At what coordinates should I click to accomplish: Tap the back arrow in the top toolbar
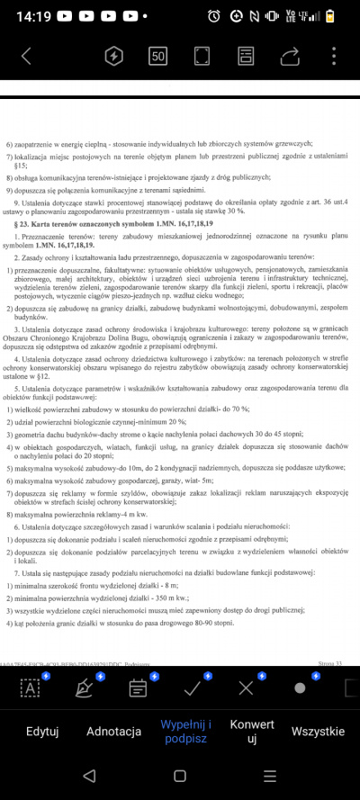tap(25, 56)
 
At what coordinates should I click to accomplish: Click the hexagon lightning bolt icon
tap(114, 56)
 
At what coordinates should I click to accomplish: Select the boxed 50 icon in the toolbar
tap(157, 56)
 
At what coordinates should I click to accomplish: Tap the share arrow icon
tap(290, 56)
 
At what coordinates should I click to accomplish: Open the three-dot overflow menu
tap(334, 56)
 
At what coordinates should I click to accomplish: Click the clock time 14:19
tap(32, 15)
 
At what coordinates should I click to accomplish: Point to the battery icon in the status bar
tap(339, 16)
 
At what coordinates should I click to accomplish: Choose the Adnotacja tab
tap(113, 731)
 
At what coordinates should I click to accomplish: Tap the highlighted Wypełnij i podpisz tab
tap(185, 731)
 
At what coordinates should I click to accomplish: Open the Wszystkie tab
tap(319, 731)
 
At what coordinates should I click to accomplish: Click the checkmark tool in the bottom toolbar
tap(192, 688)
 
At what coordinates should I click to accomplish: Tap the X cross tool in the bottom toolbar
tap(245, 688)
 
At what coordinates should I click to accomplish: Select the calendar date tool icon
tap(138, 688)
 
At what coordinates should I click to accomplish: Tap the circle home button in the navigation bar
tap(180, 775)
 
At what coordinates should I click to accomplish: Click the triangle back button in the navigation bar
tap(89, 775)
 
